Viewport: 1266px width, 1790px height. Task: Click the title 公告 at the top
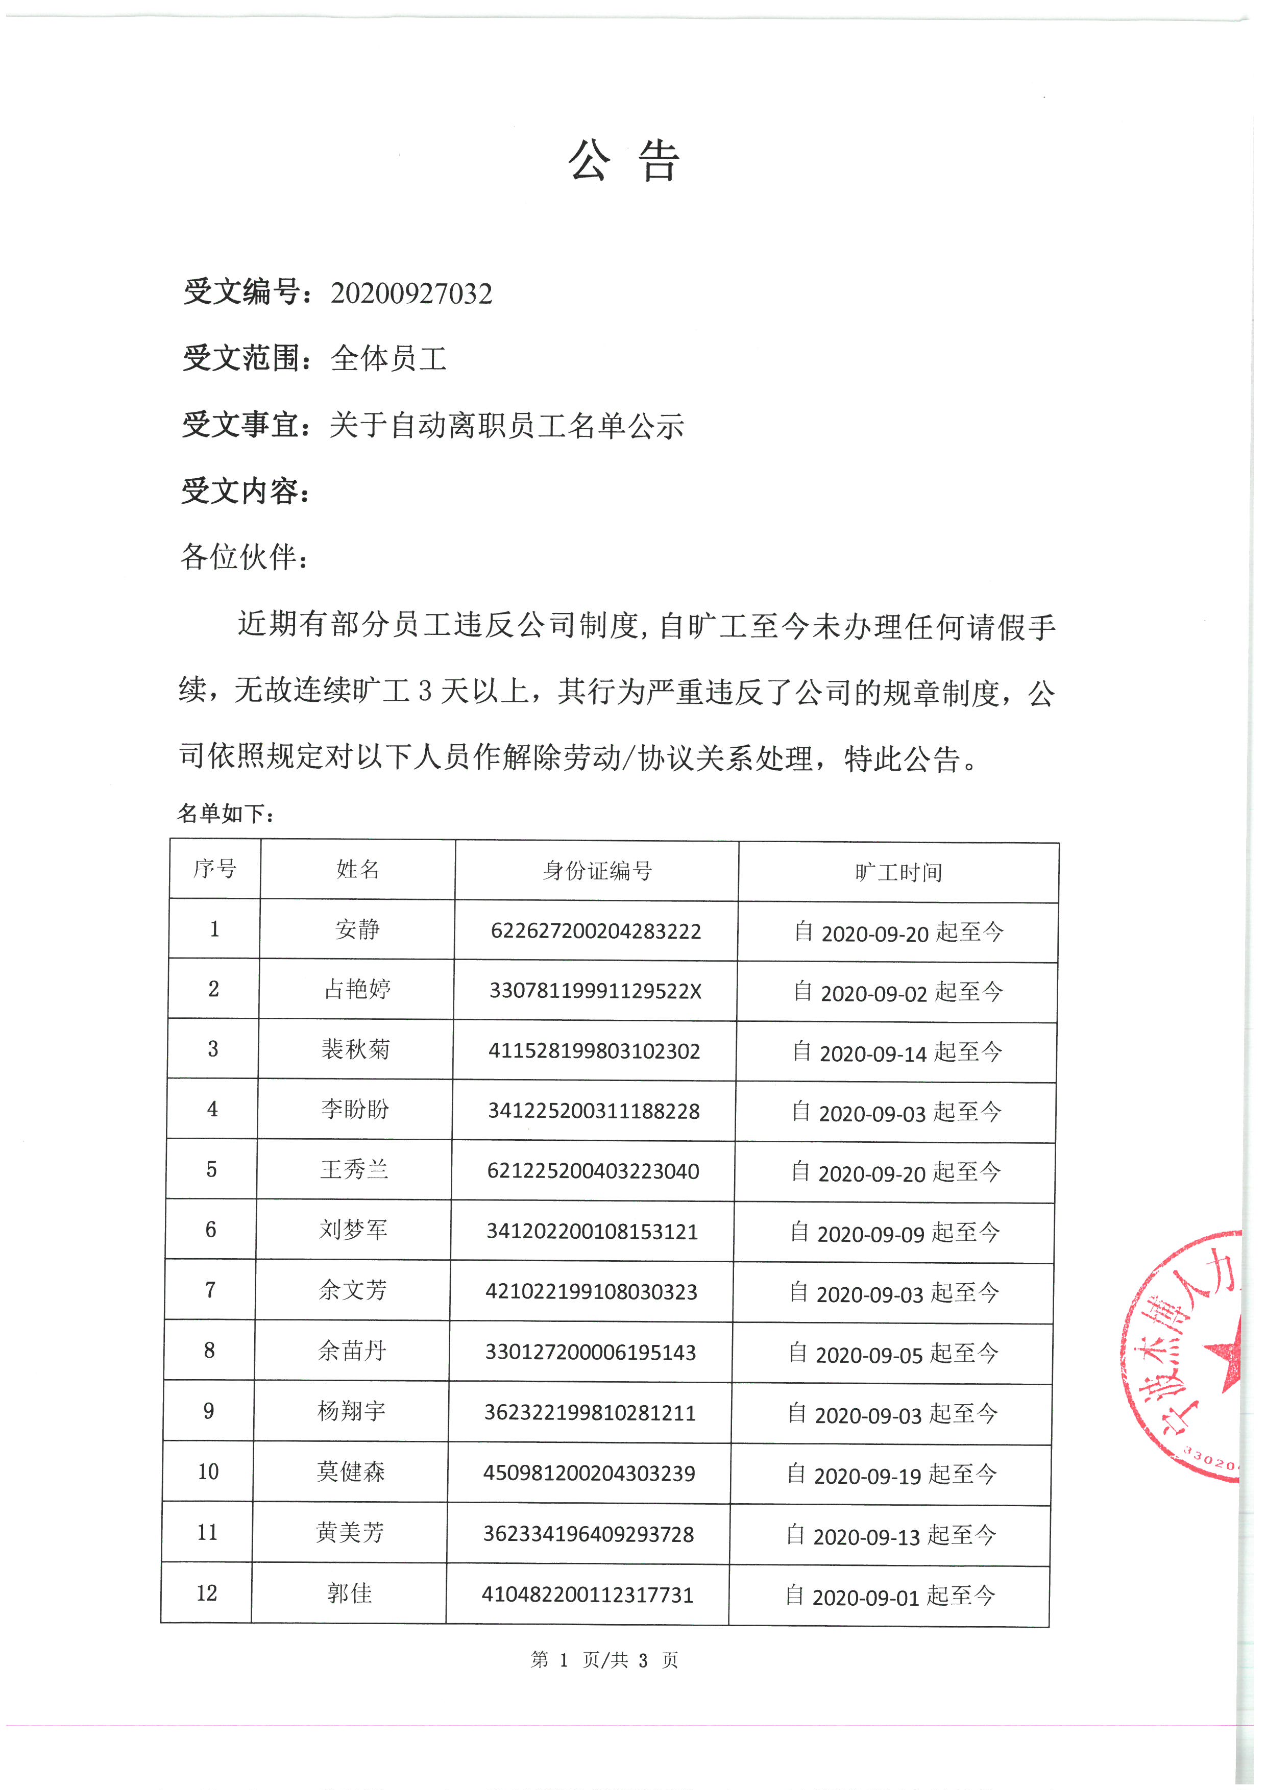624,161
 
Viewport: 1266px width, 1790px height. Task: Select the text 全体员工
388,359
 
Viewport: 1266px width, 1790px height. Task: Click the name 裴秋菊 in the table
355,1049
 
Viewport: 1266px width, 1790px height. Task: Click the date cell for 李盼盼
896,1112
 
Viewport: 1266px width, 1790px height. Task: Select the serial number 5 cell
211,1169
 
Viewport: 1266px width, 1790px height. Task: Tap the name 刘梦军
353,1230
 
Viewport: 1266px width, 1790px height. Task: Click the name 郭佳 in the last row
349,1593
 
